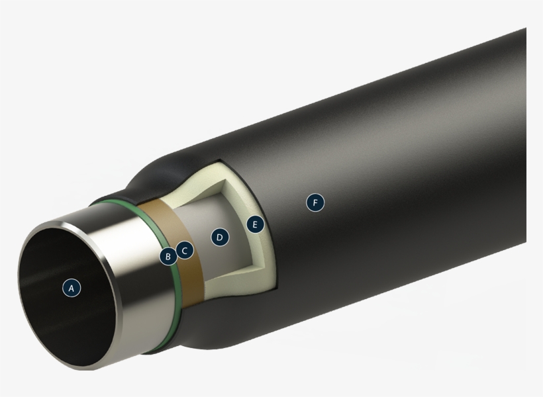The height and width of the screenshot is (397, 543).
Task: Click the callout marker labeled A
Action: [x=72, y=287]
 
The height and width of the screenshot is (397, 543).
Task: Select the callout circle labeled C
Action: [x=185, y=251]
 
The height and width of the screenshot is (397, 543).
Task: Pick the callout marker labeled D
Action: [x=220, y=237]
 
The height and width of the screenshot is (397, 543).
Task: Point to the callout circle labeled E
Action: [x=254, y=224]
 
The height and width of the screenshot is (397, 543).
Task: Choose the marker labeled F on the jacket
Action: [x=315, y=202]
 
